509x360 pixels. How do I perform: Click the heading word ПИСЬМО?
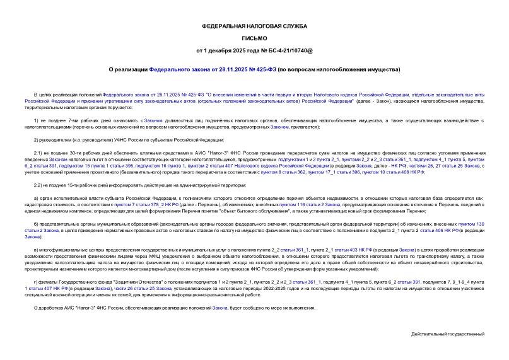[x=254, y=38]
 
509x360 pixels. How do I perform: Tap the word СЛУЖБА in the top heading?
[x=292, y=26]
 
